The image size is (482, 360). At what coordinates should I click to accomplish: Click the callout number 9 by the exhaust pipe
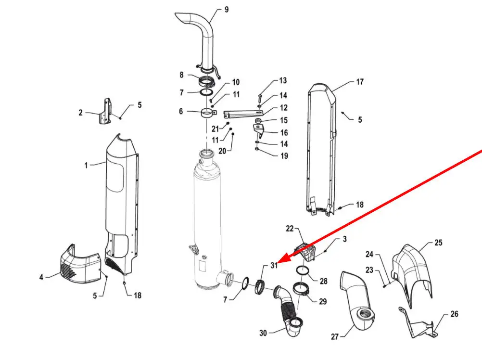click(227, 10)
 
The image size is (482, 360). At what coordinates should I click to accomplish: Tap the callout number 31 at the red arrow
click(274, 265)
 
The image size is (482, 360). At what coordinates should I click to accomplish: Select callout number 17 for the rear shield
click(360, 82)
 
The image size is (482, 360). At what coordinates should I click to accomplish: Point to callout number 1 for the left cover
click(86, 166)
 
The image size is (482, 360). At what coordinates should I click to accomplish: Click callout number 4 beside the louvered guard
click(41, 277)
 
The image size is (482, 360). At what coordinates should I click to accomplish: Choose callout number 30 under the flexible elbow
click(263, 333)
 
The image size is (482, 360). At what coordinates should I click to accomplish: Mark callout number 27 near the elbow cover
click(335, 337)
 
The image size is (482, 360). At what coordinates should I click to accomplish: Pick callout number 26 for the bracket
click(454, 314)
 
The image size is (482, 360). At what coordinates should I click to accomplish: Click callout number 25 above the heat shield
click(438, 243)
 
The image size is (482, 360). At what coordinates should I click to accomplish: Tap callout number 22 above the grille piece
click(290, 229)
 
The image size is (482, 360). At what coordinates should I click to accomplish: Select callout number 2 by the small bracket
click(80, 113)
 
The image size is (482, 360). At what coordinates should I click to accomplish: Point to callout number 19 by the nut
click(284, 156)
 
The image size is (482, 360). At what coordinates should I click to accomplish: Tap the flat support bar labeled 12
click(243, 114)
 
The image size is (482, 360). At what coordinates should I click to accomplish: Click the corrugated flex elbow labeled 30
click(287, 310)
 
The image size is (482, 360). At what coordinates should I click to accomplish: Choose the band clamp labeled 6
click(208, 114)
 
